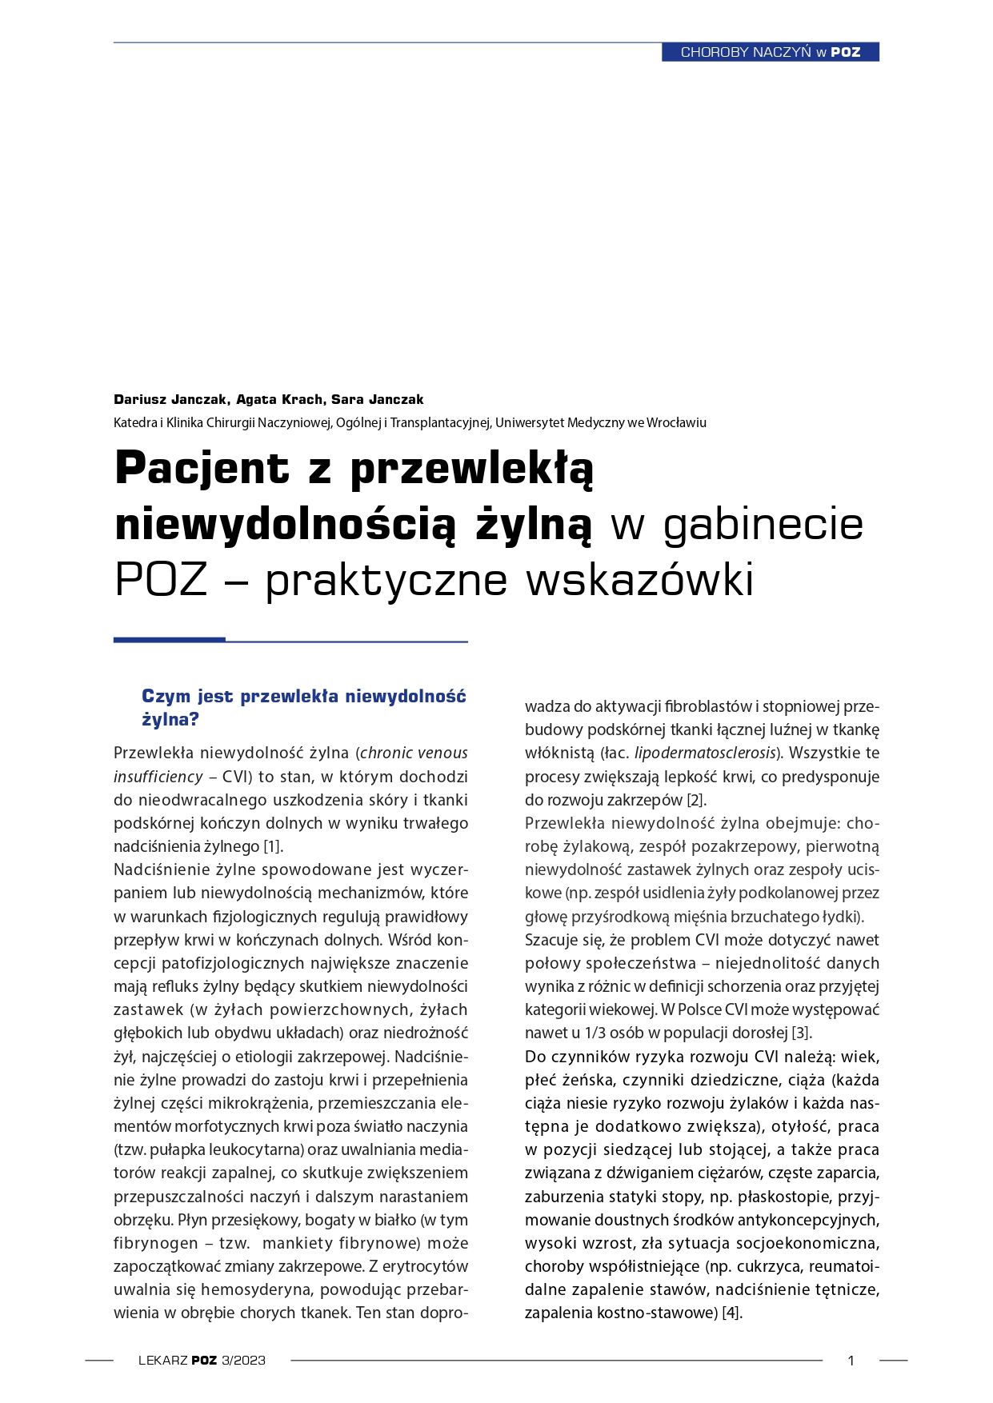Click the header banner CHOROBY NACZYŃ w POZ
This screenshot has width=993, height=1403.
click(770, 52)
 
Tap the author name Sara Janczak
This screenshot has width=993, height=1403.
click(377, 399)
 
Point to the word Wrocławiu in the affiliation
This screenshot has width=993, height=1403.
click(676, 422)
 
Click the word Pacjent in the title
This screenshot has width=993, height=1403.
click(202, 468)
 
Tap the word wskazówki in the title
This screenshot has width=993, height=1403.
click(639, 580)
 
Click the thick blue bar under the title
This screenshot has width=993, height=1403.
click(169, 640)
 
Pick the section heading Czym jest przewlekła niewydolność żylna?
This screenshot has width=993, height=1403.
click(303, 707)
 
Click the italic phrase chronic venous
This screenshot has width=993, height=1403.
click(414, 753)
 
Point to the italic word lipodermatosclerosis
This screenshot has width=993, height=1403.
click(705, 753)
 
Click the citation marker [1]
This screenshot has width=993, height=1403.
click(274, 846)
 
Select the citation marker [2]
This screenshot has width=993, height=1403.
click(696, 800)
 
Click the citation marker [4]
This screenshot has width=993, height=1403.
click(732, 1313)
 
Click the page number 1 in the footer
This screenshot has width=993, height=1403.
click(851, 1360)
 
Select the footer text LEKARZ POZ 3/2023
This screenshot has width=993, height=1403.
click(202, 1360)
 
